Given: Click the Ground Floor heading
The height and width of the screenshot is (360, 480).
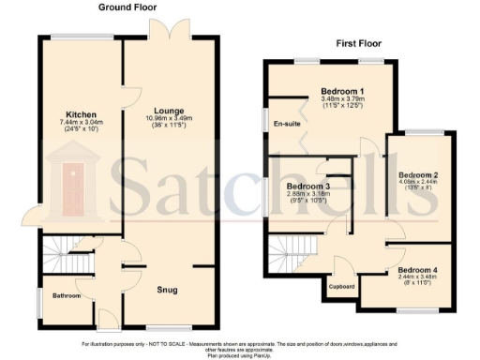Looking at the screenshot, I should click(127, 7).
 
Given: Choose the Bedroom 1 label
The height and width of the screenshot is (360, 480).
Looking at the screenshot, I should click(322, 91).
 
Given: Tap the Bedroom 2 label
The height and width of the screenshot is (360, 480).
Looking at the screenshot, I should click(418, 175).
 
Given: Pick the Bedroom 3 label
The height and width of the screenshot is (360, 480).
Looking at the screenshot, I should click(307, 186).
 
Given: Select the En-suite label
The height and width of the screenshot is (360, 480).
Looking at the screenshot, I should click(285, 124).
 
